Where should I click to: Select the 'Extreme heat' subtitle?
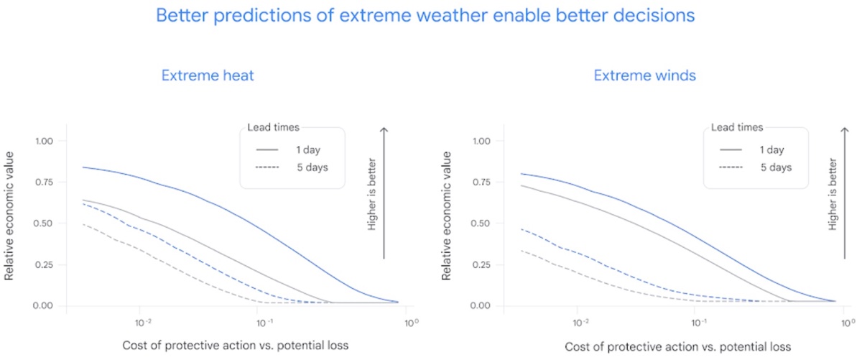[x=207, y=75]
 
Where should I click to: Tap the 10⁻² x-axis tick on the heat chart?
[x=144, y=321]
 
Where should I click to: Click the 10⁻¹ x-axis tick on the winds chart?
[x=697, y=321]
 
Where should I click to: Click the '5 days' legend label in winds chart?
[x=776, y=167]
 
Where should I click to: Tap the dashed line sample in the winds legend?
[x=730, y=167]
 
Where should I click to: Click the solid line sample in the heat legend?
[x=267, y=149]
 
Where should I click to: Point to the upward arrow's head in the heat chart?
[x=384, y=129]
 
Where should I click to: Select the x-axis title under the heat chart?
[x=236, y=346]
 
